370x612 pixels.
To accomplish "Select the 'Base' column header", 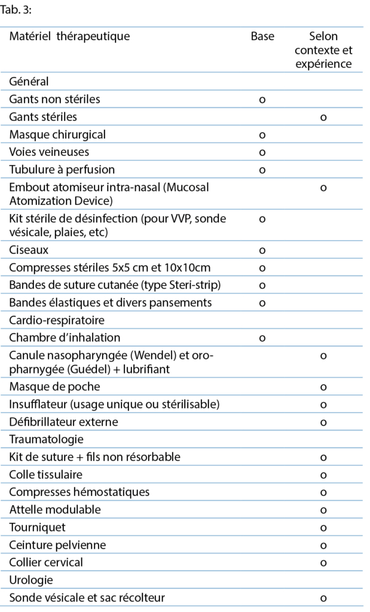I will point(262,36).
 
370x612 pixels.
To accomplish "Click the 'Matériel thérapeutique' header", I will point(69,36).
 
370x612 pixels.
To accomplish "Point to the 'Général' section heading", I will point(29,81).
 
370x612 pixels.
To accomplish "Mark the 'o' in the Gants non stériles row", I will point(262,99).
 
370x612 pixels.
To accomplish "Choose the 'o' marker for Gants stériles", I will point(323,117).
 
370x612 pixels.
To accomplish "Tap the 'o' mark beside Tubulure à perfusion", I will point(262,170).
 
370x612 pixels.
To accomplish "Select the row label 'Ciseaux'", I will point(29,249).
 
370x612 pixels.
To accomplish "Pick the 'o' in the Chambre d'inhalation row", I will point(262,338).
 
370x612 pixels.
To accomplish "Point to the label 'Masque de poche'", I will point(54,387).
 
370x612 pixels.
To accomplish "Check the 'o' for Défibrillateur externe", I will point(323,422).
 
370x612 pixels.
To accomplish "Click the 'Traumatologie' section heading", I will point(46,439).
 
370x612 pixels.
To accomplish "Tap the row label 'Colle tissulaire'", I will point(46,475).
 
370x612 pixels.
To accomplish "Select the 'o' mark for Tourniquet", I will point(323,528).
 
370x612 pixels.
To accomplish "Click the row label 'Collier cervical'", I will point(46,562).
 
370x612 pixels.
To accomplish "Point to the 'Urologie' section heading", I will point(31,580).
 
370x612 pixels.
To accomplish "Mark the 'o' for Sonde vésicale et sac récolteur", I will point(323,598).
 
